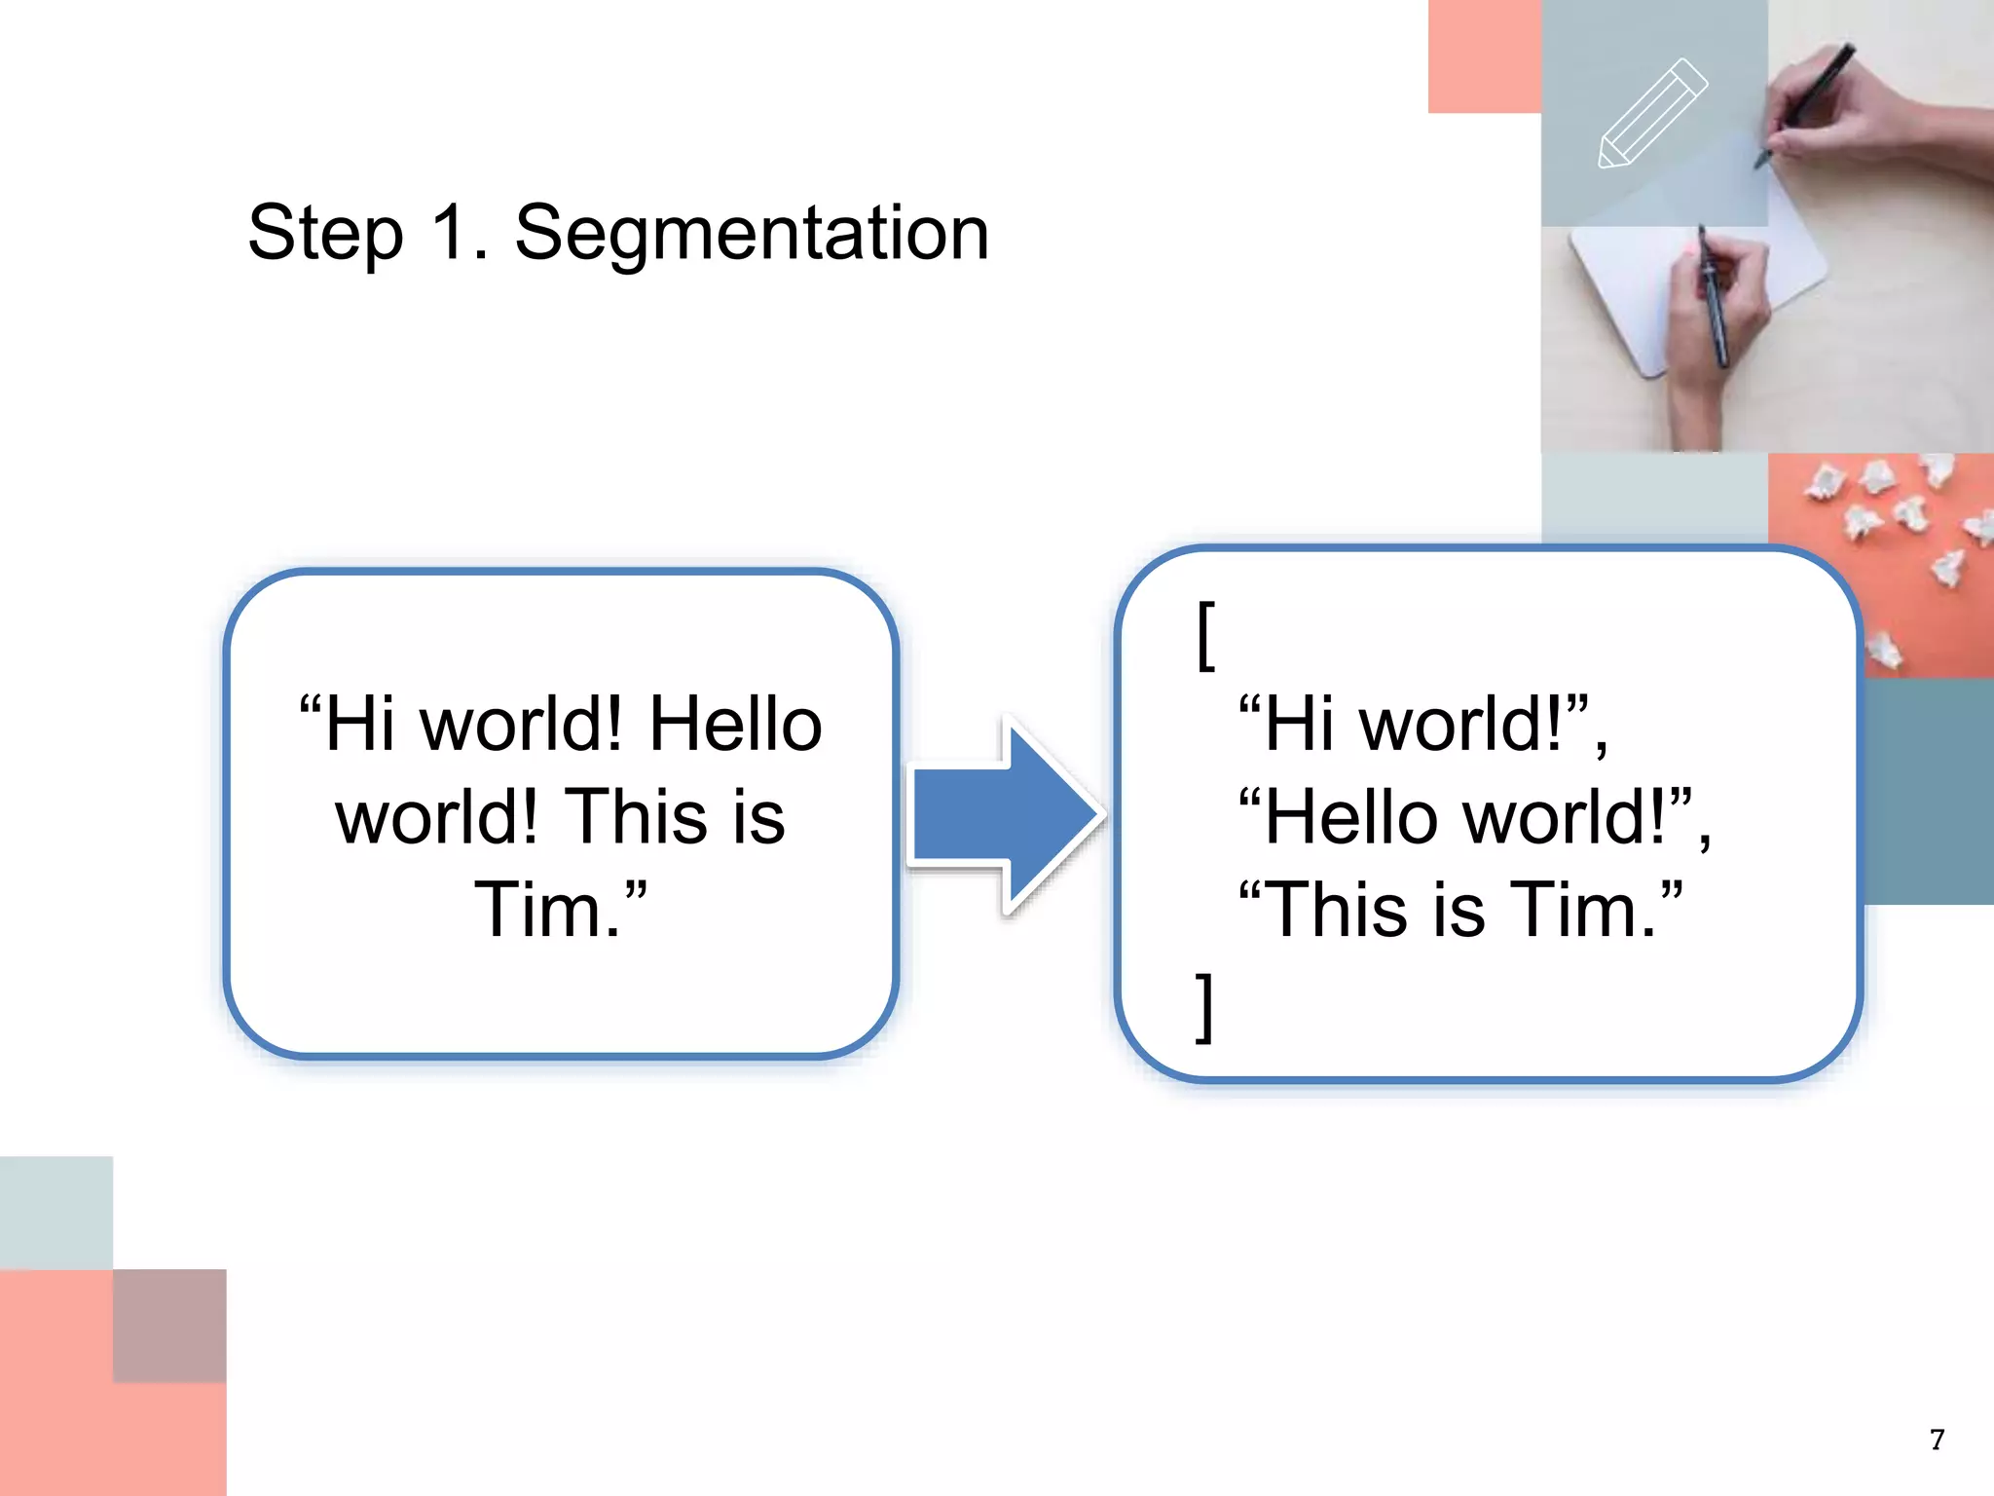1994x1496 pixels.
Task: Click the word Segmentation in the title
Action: pos(752,234)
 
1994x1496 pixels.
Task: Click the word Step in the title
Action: pos(325,234)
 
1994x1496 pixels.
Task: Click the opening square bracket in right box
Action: pos(1205,635)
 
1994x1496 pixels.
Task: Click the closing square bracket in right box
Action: pos(1205,1007)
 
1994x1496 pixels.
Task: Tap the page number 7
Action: pos(1937,1440)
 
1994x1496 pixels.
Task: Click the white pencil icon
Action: pos(1652,114)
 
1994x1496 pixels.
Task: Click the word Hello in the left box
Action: pos(736,725)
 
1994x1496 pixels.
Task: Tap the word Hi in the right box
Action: pos(1299,725)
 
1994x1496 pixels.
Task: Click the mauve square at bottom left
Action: pos(169,1325)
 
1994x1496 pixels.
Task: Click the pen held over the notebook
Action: pos(1714,302)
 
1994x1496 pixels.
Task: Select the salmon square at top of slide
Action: pos(1484,56)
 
